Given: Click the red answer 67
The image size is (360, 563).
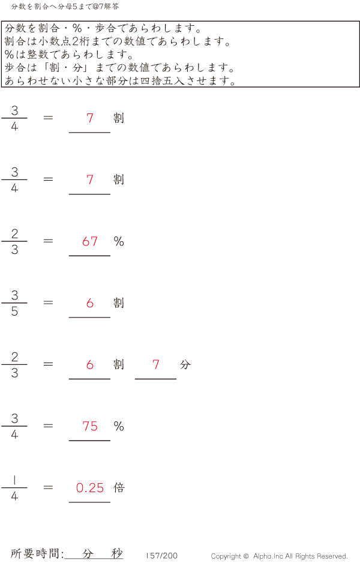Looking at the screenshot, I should click(90, 241).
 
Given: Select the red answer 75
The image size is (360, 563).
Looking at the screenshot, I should click(90, 426).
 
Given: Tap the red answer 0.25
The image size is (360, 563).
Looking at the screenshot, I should click(90, 488).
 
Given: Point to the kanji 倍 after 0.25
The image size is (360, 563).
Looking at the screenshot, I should click(119, 487).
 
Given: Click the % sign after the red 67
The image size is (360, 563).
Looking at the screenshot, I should click(119, 241).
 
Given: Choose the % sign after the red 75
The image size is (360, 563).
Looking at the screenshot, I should click(119, 426).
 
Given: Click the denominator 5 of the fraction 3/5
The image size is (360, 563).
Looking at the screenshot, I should click(14, 312).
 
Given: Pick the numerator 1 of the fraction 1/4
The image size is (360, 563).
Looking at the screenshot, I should click(14, 480).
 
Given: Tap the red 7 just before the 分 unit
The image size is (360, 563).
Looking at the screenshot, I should click(156, 364).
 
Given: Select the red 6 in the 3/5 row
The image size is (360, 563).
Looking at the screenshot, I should click(90, 303).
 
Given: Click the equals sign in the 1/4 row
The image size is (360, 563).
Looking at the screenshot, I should click(49, 487).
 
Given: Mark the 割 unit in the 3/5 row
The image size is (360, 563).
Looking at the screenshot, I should click(119, 303).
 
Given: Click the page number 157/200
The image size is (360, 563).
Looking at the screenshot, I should click(162, 556).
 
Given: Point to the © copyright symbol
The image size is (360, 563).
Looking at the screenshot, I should click(246, 556).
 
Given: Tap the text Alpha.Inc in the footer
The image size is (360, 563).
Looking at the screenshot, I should click(270, 556).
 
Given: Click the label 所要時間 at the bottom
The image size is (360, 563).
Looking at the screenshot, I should click(36, 553).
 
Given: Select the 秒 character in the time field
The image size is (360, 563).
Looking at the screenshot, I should click(117, 553).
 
